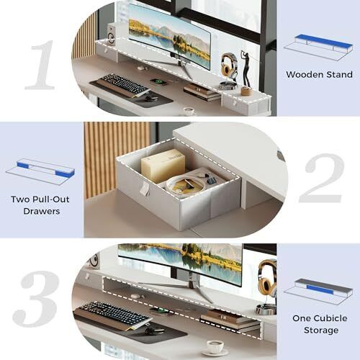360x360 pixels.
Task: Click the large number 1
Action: pos(41,65)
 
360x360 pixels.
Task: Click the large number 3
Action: pos(36,299)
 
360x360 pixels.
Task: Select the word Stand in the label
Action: pos(340,74)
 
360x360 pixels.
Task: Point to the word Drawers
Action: pos(42,211)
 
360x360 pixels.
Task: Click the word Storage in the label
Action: pos(321,330)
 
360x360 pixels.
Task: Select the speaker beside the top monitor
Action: pos(111,34)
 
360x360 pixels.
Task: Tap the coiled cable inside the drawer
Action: pos(186,186)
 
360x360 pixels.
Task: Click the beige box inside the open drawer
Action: pos(163,165)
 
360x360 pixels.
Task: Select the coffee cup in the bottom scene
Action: pos(215,347)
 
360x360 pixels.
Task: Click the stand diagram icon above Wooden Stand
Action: pos(318,48)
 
